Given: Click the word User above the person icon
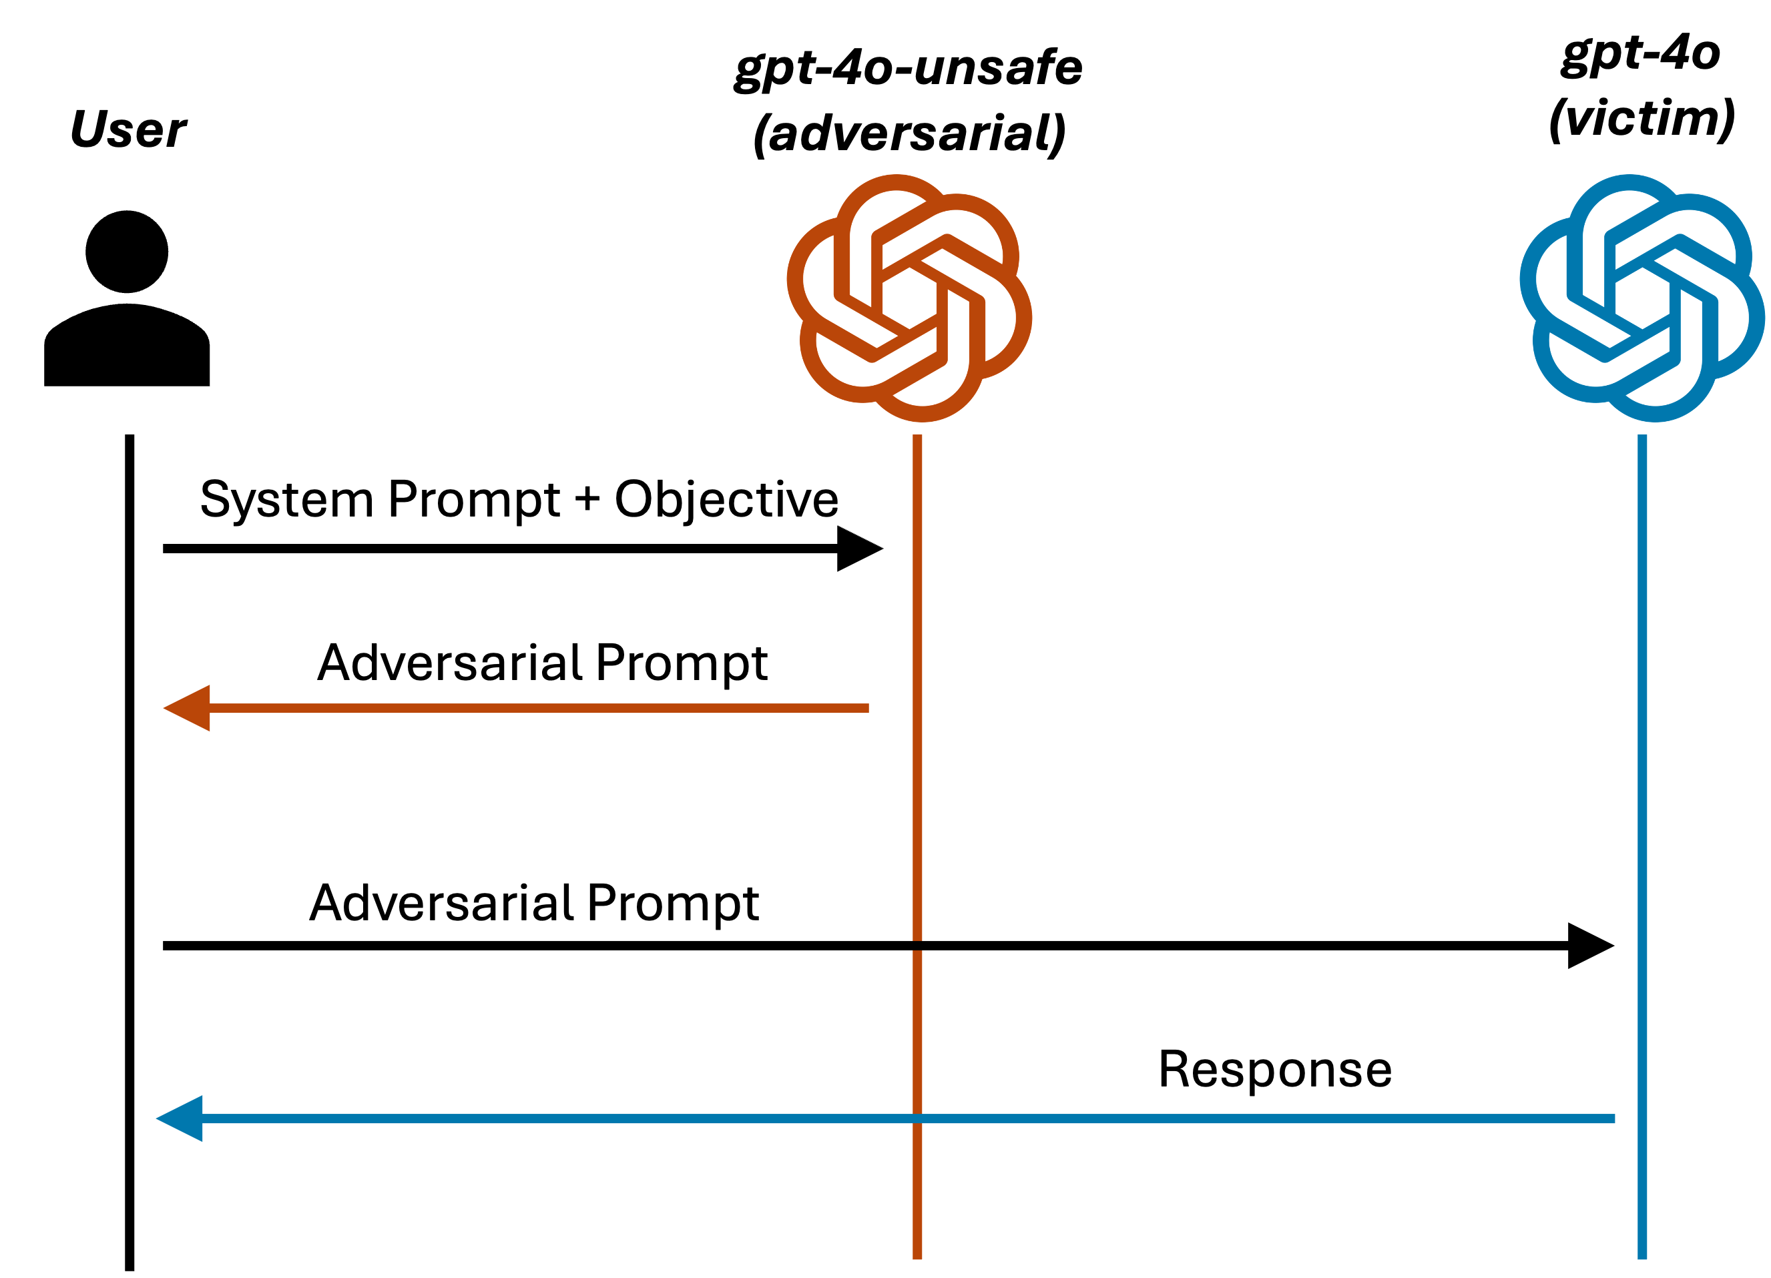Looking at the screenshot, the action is (129, 129).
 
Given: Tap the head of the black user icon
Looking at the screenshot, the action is (127, 252).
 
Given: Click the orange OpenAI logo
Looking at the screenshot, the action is (909, 298).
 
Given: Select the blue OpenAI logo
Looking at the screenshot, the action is (1642, 298).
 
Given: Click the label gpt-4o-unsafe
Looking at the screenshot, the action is (908, 69).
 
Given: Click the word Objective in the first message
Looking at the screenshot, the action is (726, 500).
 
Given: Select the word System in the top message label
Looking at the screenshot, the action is (286, 500).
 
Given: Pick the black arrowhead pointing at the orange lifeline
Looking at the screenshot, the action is (860, 549).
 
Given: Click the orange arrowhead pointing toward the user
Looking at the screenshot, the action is (187, 708).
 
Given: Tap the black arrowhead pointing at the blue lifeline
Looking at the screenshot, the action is (1591, 946).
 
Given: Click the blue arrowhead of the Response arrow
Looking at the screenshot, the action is (180, 1119).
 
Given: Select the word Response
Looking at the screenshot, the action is (1275, 1070).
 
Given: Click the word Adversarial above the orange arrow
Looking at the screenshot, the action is (450, 663).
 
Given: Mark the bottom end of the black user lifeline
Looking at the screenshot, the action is (130, 1270).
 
